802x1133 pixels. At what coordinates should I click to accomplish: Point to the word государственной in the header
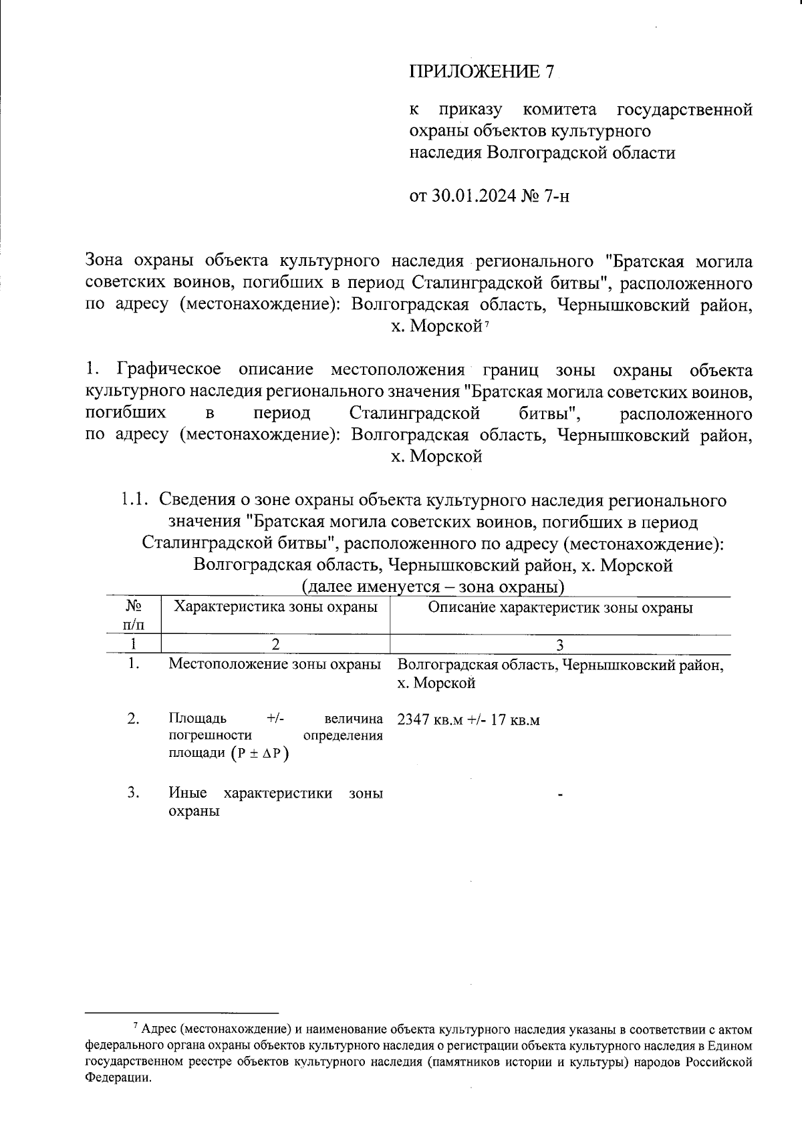coord(684,109)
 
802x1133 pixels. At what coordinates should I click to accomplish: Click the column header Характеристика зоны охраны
coord(275,607)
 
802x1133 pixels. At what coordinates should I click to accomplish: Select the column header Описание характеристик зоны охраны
coord(560,608)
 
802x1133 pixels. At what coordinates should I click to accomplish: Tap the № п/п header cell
coord(134,615)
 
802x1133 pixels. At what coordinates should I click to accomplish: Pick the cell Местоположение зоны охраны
coord(275,665)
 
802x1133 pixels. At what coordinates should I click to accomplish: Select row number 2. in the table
coord(134,719)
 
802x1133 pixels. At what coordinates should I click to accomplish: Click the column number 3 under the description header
coord(560,645)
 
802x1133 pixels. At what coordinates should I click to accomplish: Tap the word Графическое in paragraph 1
coord(170,370)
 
